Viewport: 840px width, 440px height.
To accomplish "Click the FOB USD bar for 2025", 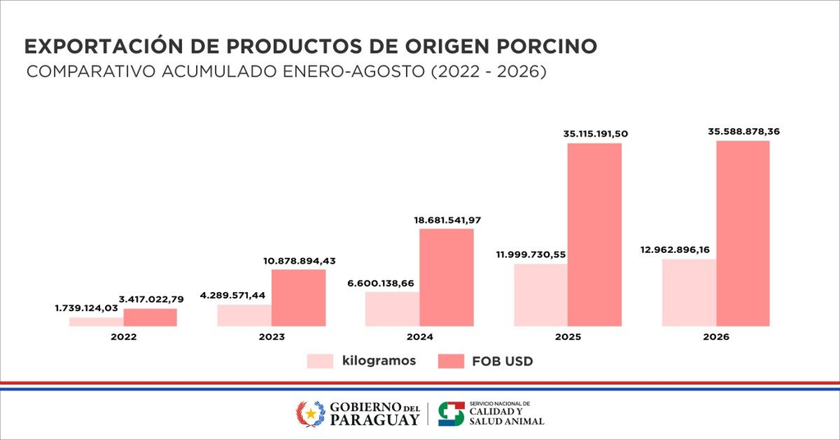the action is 595,235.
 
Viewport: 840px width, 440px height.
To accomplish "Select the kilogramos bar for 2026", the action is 689,292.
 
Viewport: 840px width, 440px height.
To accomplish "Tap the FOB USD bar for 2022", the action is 150,317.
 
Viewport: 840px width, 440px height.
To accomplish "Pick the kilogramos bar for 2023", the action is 244,316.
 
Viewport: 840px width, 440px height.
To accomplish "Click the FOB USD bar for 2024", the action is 447,277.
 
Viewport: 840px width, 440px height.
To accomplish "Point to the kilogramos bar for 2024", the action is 392,309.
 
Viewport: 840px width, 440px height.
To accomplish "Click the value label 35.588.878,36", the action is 743,131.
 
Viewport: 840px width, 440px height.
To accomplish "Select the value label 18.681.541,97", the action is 447,220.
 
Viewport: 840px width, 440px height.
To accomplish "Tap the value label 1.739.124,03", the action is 86,308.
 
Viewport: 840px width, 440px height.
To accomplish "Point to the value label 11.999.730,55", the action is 531,254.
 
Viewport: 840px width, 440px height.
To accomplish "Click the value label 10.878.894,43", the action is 299,261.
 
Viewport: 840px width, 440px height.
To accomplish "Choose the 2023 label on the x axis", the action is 272,337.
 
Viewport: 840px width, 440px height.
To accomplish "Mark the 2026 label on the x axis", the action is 716,337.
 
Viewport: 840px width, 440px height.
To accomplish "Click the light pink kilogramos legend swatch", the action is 320,361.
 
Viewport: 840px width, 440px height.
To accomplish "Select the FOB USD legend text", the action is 503,362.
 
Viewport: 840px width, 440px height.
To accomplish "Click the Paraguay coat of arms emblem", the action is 311,414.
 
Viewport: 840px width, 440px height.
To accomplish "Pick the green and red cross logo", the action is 452,414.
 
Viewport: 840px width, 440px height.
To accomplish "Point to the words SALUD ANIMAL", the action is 507,421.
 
